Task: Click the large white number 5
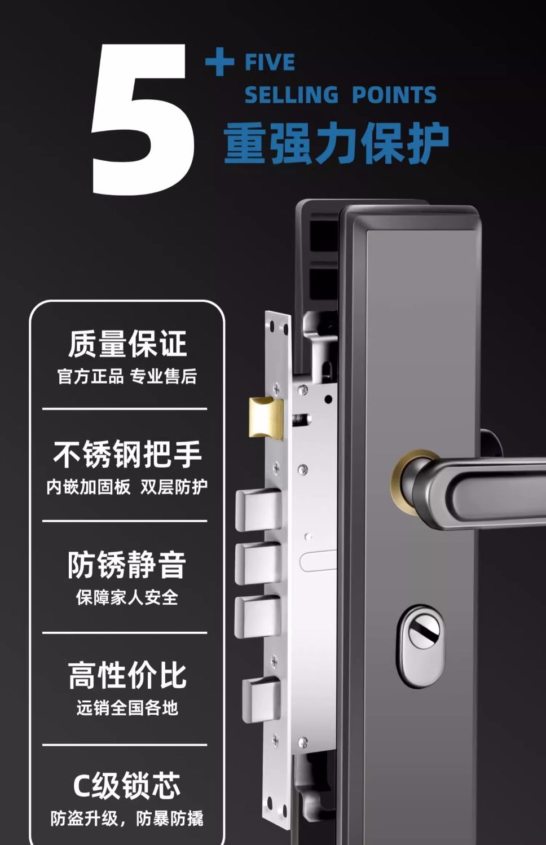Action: coord(142,120)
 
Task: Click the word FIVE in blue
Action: coord(270,62)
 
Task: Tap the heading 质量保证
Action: coord(127,344)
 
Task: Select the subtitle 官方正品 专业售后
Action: coord(127,376)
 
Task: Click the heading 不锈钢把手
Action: coord(127,454)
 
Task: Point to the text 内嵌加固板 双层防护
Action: coord(127,487)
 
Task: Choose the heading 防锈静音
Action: coord(127,565)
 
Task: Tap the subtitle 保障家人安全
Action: coord(127,597)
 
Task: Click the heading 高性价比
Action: coord(127,675)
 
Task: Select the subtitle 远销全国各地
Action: coord(127,708)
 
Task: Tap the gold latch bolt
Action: coord(266,418)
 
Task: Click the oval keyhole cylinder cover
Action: coord(420,646)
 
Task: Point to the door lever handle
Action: coord(479,488)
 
